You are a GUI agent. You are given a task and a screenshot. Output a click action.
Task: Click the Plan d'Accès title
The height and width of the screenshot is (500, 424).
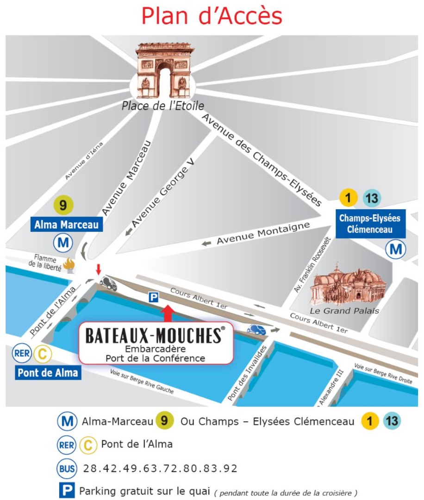pos(212,16)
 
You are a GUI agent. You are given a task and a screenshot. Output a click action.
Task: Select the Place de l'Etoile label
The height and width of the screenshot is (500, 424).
pos(162,106)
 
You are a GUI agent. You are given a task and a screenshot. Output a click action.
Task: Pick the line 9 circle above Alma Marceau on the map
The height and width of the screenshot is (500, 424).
pos(63,205)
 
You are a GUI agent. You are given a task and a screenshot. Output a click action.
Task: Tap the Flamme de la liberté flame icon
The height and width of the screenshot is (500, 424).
pos(69,265)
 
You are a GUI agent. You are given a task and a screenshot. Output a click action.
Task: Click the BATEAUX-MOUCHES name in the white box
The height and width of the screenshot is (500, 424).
pos(155,336)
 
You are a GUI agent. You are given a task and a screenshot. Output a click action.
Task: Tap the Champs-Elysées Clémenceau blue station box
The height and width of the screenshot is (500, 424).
pos(370,224)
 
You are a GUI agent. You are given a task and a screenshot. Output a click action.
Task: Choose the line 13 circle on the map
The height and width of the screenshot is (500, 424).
pos(372,199)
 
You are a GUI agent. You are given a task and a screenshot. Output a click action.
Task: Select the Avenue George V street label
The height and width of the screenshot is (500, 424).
pos(162,195)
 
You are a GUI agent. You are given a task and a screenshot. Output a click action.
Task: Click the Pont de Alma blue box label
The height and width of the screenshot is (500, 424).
pos(48,373)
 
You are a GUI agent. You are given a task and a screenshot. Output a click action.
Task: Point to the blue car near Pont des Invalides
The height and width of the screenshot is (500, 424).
pos(256,329)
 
